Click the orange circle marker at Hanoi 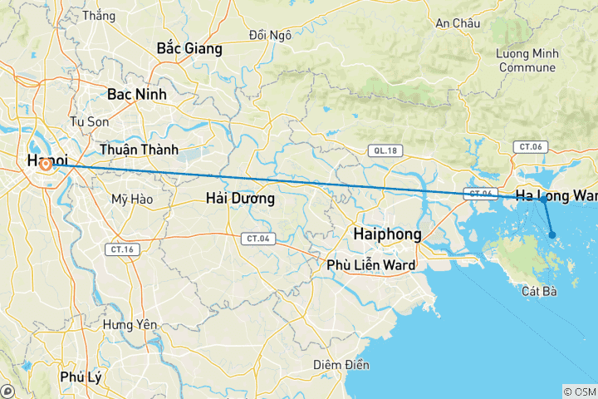pos(47,165)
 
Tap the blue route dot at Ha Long pos(542,199)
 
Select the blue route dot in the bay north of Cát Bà pos(552,235)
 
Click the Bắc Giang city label pos(189,49)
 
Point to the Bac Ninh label pos(136,95)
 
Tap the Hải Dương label pos(240,199)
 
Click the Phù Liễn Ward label pos(370,265)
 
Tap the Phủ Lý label pos(81,377)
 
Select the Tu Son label pos(90,121)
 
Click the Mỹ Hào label pos(130,199)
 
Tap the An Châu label pos(458,23)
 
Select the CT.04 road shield pos(256,239)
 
